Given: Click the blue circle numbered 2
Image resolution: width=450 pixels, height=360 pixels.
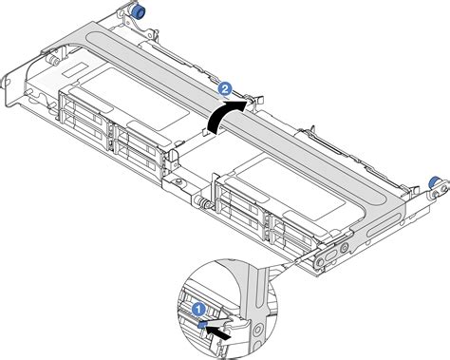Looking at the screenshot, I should (x=225, y=88).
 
